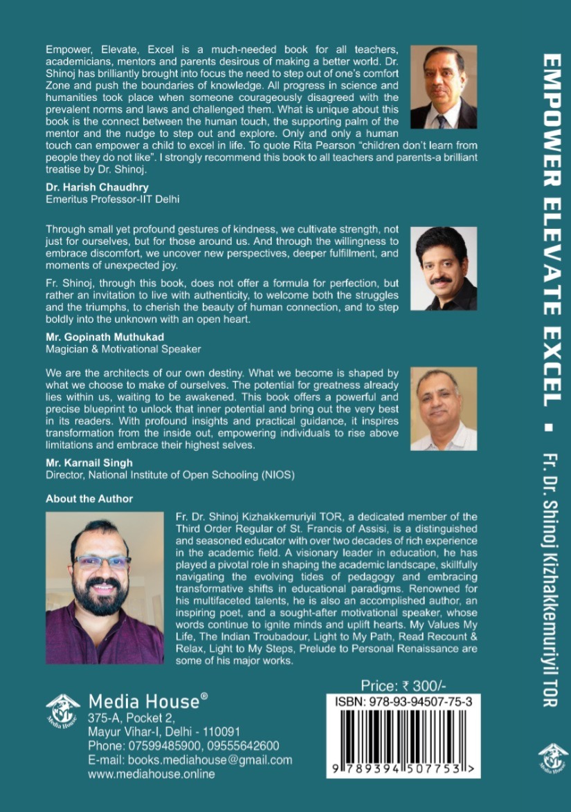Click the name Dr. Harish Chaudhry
click(97, 187)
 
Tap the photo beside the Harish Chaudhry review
click(443, 87)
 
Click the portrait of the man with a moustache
click(443, 268)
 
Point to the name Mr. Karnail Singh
click(89, 463)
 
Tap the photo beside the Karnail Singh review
click(443, 409)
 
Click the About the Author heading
click(89, 498)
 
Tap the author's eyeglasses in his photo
click(102, 562)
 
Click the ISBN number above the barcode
click(404, 701)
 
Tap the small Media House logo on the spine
click(552, 759)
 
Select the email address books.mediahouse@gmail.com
click(190, 759)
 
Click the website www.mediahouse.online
click(151, 774)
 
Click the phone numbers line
click(183, 745)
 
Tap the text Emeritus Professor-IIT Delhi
click(113, 200)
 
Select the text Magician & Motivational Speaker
click(123, 349)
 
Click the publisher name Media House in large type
click(143, 701)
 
